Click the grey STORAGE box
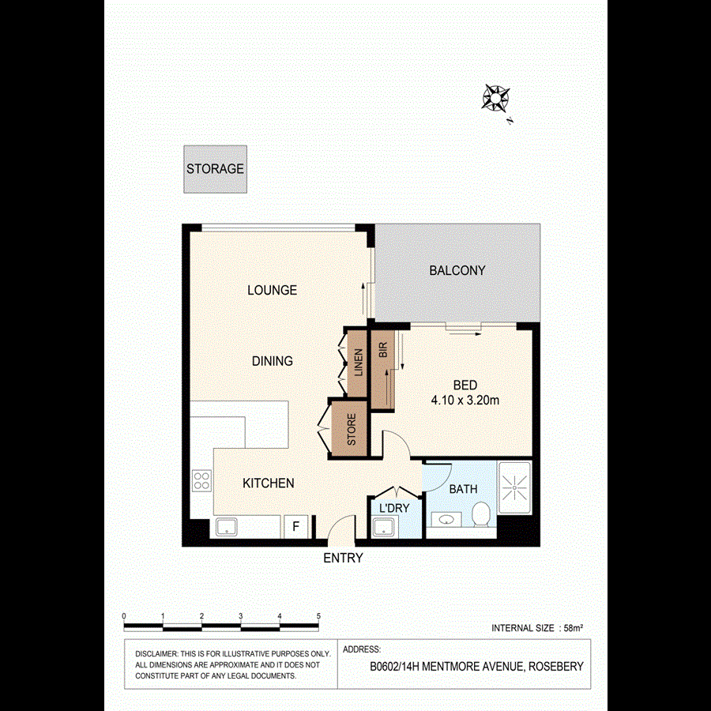(215, 169)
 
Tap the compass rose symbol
(495, 98)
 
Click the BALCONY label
(457, 270)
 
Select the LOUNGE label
(272, 290)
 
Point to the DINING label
(272, 361)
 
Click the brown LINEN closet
(356, 362)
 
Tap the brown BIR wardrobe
(382, 368)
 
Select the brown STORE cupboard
(351, 430)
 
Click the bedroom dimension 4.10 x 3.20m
(465, 401)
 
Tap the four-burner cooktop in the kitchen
(201, 480)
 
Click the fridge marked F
(296, 526)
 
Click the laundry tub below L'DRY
(384, 527)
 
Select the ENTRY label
(343, 558)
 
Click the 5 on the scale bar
(318, 615)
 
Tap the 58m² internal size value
(573, 629)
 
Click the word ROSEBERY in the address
(556, 667)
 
